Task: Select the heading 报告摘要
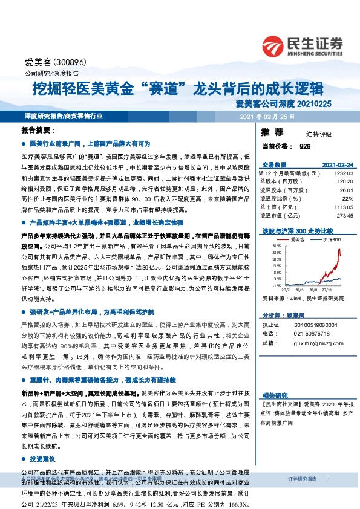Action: pos(38,131)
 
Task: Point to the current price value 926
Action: pos(304,146)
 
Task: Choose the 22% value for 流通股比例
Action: pos(347,198)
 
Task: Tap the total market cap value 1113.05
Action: pos(342,206)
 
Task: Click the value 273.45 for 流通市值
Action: pos(344,215)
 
